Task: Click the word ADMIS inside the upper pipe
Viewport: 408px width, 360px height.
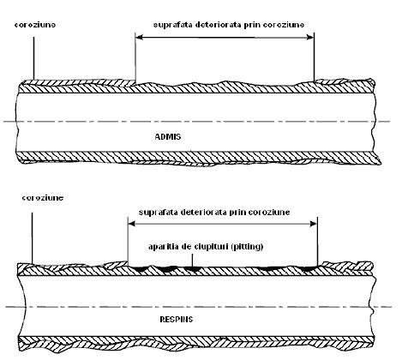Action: (168, 136)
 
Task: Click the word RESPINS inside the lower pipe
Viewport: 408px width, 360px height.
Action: (177, 319)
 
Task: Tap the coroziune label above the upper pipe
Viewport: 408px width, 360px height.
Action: (35, 25)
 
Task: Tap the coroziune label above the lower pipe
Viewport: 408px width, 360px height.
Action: (43, 198)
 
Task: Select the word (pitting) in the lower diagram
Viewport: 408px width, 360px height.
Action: (247, 247)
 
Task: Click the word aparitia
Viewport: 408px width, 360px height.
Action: (163, 246)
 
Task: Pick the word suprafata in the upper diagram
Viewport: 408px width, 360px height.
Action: (173, 25)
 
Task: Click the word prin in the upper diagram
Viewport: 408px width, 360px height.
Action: (252, 25)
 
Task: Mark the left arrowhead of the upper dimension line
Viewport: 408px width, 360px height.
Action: (139, 38)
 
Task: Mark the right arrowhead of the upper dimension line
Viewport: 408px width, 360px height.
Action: (310, 38)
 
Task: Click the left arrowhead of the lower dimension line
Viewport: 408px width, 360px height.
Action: (132, 224)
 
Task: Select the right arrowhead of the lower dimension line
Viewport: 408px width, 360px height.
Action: (314, 224)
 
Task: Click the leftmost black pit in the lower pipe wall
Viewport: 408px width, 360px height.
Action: (141, 269)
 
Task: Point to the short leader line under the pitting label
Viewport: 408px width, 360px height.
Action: (192, 261)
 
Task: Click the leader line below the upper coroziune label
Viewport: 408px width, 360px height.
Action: (33, 58)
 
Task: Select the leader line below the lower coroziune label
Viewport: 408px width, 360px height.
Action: (32, 238)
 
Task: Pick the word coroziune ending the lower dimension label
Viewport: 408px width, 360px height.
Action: (269, 213)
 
